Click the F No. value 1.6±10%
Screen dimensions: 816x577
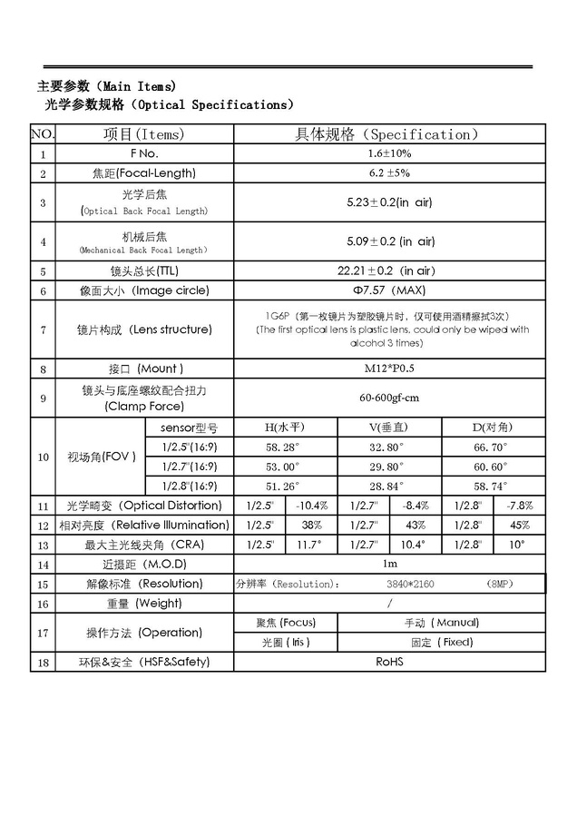(389, 153)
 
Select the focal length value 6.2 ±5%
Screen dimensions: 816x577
(389, 172)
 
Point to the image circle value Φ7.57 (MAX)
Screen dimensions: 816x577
(389, 290)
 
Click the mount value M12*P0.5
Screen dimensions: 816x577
(389, 369)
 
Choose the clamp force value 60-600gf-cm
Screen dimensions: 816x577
(389, 398)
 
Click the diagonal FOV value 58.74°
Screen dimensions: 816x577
(491, 486)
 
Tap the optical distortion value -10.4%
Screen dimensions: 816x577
(312, 506)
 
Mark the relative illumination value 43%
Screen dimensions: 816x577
(416, 525)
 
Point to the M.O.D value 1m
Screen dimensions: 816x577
(389, 564)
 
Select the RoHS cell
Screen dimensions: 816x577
(389, 662)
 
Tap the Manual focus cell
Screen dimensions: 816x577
(441, 623)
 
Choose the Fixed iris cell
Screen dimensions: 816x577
(441, 642)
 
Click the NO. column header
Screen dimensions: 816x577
(42, 134)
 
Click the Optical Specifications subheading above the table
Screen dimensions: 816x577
(169, 104)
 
